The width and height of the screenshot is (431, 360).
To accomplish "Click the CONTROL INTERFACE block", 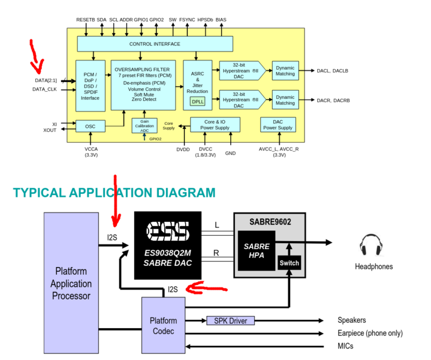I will pyautogui.click(x=155, y=44).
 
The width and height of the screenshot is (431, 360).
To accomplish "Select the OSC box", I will pyautogui.click(x=90, y=126).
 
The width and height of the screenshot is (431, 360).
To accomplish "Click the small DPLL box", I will pyautogui.click(x=197, y=101).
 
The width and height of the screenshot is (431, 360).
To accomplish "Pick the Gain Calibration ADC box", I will pyautogui.click(x=144, y=125).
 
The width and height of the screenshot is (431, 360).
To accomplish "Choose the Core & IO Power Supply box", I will pyautogui.click(x=214, y=124).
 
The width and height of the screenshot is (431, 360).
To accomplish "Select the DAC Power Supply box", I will pyautogui.click(x=278, y=124).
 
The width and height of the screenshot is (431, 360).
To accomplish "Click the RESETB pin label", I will pyautogui.click(x=86, y=20).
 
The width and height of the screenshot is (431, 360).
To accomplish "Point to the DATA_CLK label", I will pyautogui.click(x=45, y=89).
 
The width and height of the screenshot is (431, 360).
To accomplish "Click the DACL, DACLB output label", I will pyautogui.click(x=333, y=71).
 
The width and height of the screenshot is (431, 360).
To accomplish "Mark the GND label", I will pyautogui.click(x=230, y=153).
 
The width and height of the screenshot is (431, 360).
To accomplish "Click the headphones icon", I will pyautogui.click(x=371, y=247).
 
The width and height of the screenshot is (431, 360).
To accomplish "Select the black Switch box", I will pyautogui.click(x=289, y=263).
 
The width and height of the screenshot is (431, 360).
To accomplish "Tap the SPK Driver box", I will pyautogui.click(x=231, y=320).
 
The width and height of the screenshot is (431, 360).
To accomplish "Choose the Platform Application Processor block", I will pyautogui.click(x=71, y=283).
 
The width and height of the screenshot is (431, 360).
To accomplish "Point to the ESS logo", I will pyautogui.click(x=169, y=230).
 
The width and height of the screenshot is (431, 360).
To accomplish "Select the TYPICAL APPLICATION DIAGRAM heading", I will pyautogui.click(x=114, y=193).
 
